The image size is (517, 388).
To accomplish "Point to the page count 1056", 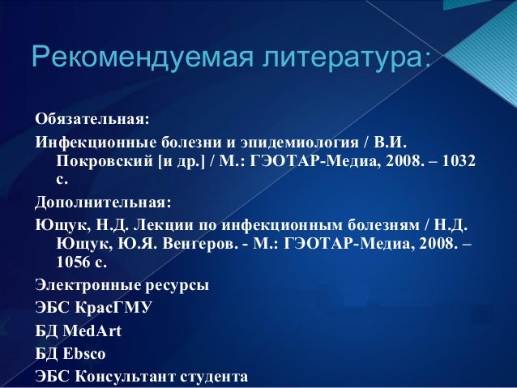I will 73,262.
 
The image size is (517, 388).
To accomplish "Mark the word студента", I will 216,377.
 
